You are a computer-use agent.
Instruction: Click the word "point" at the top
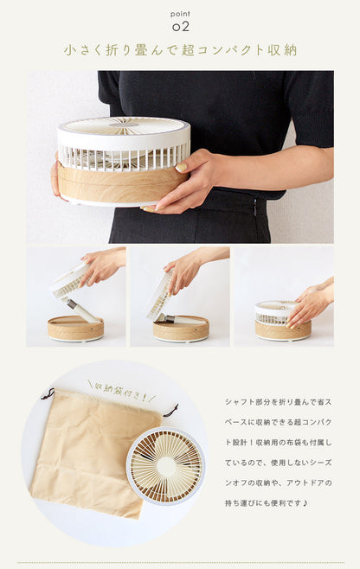[x=180, y=14]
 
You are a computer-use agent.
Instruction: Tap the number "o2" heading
[x=181, y=27]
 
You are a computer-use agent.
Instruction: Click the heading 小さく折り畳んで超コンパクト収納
[x=181, y=50]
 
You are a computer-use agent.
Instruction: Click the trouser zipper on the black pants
[x=255, y=206]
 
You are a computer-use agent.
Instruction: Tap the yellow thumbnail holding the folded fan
[x=181, y=167]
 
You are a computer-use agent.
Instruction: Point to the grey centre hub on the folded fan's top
[x=125, y=125]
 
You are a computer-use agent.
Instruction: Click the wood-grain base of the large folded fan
[x=122, y=185]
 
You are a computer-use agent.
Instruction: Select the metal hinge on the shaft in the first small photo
[x=72, y=304]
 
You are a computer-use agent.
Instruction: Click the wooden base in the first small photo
[x=75, y=328]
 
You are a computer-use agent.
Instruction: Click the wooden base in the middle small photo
[x=181, y=329]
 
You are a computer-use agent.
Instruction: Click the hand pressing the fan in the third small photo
[x=310, y=304]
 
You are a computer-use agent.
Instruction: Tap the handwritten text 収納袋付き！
[x=122, y=392]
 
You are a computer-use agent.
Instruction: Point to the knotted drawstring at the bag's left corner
[x=48, y=394]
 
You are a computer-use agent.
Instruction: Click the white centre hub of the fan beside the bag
[x=166, y=465]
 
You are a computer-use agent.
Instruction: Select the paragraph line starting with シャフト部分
[x=278, y=402]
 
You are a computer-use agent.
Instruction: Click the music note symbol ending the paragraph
[x=305, y=503]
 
